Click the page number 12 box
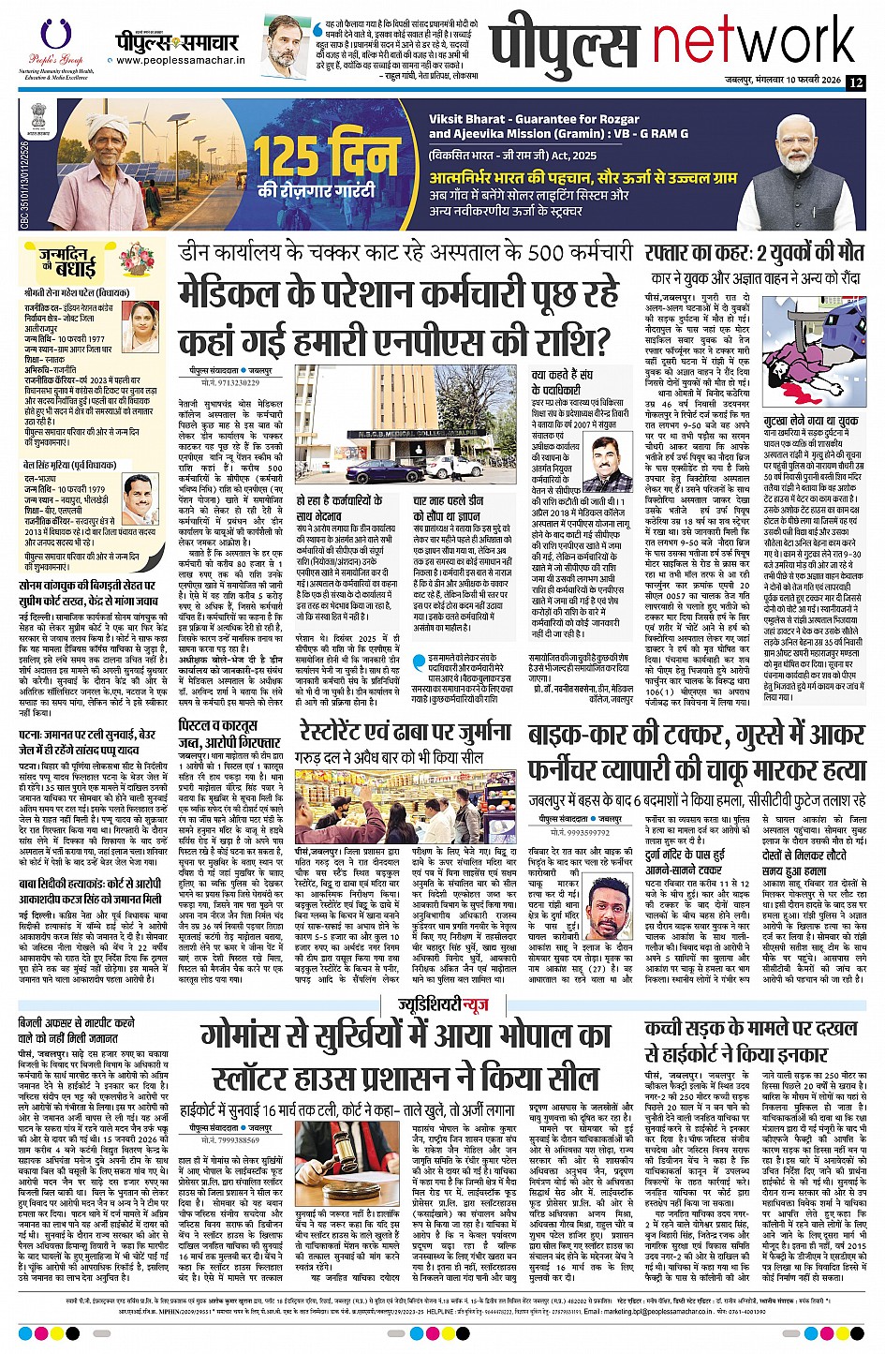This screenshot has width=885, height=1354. pos(855,82)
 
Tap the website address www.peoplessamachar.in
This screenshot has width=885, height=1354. pos(180,61)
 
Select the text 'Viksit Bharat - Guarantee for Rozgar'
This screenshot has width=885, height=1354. pos(512,119)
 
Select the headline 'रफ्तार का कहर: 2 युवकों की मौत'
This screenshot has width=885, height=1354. pos(754,253)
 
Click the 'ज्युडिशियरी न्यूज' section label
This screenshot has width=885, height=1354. pos(442,1004)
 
